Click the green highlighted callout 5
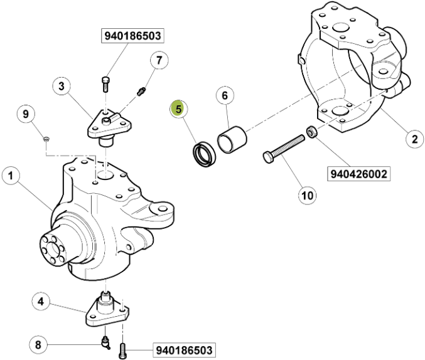click(179, 109)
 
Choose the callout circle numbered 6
click(224, 95)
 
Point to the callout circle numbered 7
click(159, 60)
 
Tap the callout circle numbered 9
click(26, 114)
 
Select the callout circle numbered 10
click(306, 196)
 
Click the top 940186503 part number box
click(133, 36)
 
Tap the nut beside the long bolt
click(310, 133)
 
